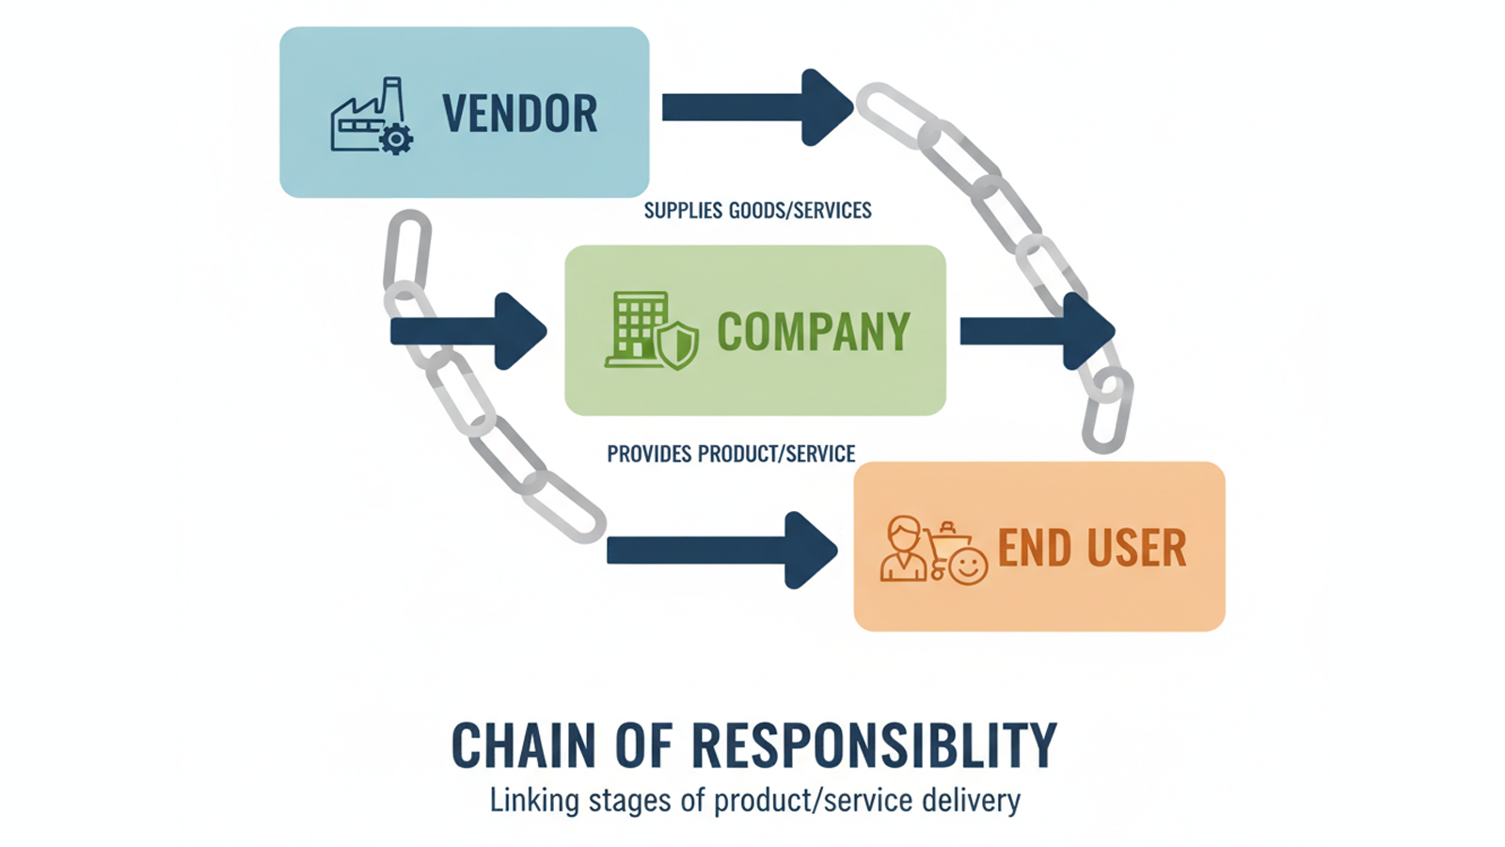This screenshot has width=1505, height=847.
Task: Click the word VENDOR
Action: tap(519, 114)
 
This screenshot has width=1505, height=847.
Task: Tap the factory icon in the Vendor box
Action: tap(363, 117)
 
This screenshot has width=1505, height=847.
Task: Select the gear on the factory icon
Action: tap(396, 139)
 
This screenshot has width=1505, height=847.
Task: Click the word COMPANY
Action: tap(814, 331)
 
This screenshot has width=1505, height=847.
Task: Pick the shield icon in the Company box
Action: tap(677, 344)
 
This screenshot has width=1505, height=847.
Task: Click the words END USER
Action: tap(1091, 548)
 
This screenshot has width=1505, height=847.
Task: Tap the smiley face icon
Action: tap(968, 567)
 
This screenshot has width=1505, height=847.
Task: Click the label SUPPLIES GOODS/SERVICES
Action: tap(757, 210)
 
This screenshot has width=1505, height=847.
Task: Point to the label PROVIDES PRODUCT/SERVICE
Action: tap(731, 454)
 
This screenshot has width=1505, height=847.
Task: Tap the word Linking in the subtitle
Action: tap(534, 801)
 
